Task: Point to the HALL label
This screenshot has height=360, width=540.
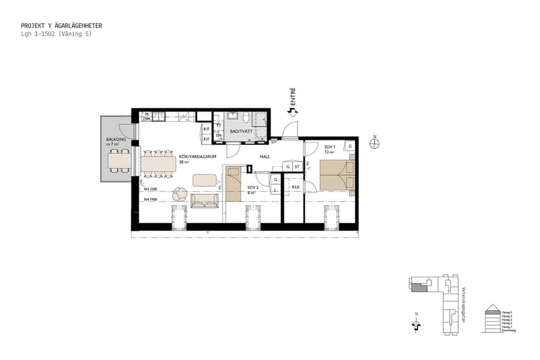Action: [265, 157]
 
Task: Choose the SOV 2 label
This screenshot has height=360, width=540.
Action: [253, 187]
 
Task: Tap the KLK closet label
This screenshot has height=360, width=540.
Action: [295, 187]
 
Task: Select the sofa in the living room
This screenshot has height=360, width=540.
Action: [205, 200]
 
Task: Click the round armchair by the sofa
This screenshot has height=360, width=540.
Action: [179, 194]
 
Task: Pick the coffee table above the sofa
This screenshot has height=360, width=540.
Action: [205, 179]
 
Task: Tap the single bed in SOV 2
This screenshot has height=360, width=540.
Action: [232, 185]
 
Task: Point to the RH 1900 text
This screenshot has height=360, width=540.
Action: [150, 199]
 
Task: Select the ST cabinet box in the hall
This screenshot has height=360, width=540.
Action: [296, 166]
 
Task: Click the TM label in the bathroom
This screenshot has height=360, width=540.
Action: [219, 136]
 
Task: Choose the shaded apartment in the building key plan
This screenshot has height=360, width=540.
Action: [419, 287]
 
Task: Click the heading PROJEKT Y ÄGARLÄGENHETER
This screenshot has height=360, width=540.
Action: [61, 26]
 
